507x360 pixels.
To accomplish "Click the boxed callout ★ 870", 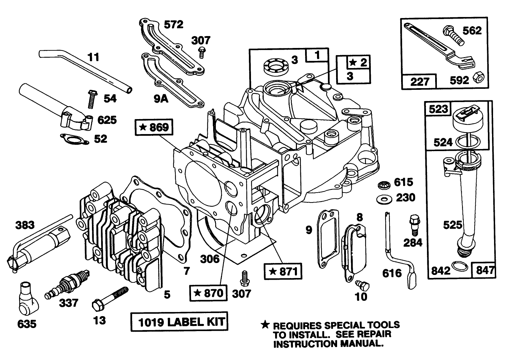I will pyautogui.click(x=208, y=293).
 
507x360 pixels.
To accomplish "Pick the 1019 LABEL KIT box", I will pyautogui.click(x=179, y=322).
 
